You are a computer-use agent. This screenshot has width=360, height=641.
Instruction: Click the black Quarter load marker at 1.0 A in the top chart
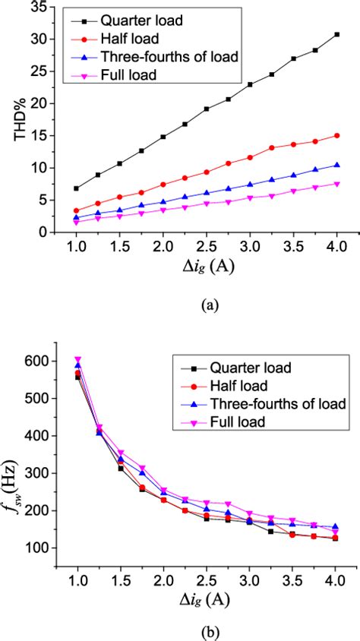click(x=77, y=188)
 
